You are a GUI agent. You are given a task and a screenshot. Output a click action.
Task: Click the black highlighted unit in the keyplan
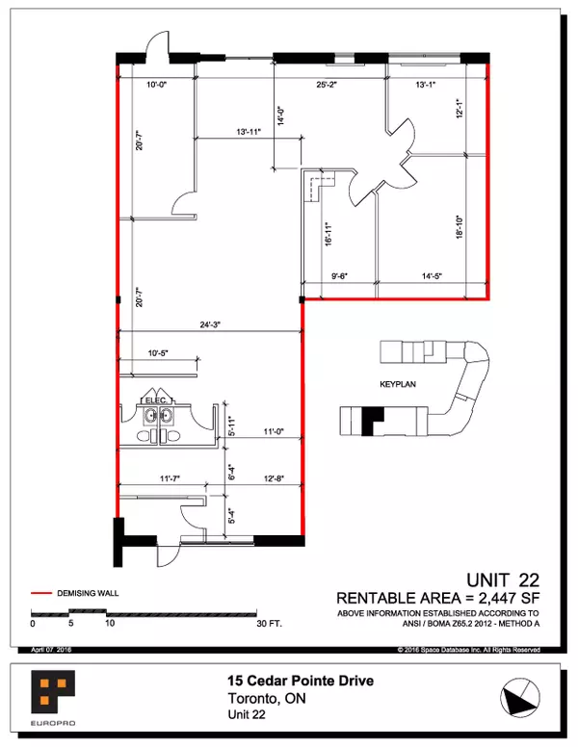372,421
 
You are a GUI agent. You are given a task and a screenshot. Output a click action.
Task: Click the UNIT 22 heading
502,580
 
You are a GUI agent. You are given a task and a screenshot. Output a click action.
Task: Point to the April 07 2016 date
52,651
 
